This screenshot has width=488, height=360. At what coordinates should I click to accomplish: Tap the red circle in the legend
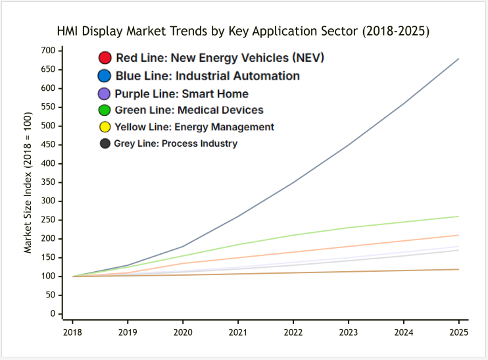[104, 58]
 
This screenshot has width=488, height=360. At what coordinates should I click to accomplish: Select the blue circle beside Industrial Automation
[104, 76]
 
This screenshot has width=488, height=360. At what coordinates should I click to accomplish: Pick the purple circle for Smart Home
[104, 93]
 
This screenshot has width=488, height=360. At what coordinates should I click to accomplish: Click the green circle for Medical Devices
[104, 110]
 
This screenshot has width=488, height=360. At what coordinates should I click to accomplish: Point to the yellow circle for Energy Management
[104, 126]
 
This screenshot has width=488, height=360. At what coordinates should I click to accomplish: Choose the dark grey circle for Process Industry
[105, 143]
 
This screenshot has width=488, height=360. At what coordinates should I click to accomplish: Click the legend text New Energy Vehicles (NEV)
[220, 58]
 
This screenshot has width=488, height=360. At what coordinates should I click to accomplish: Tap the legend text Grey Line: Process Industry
[176, 143]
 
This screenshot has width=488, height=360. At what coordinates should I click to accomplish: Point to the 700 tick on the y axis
[47, 51]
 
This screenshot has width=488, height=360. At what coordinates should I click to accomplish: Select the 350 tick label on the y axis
[47, 182]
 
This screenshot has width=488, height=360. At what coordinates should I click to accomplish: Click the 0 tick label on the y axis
[52, 314]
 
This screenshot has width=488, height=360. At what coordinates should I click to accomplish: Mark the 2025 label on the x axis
[458, 333]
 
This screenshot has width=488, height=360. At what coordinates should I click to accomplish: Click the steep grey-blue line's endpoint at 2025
[458, 59]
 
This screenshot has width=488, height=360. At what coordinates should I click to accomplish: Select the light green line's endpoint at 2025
[458, 217]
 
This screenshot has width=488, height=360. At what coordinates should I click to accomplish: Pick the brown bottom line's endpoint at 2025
[458, 269]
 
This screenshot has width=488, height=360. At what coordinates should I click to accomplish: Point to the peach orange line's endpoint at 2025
[458, 235]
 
